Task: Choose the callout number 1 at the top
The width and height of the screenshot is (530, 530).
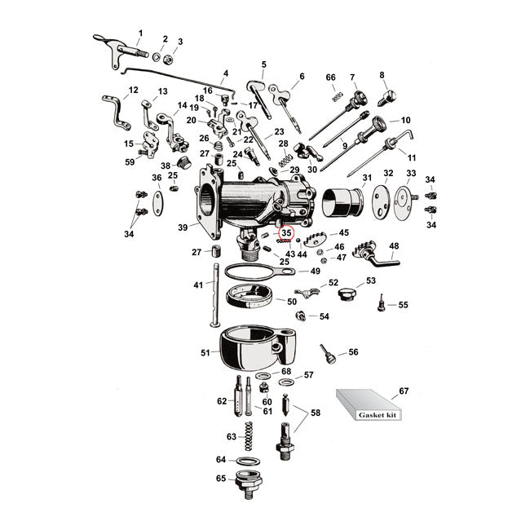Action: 139,33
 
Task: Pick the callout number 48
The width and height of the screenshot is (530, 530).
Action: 394,245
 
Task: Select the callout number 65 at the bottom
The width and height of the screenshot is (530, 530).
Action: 221,479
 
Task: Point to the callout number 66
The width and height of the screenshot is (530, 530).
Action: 330,77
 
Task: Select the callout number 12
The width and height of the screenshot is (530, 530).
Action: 134,90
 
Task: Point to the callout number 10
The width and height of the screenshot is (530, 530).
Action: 405,121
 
